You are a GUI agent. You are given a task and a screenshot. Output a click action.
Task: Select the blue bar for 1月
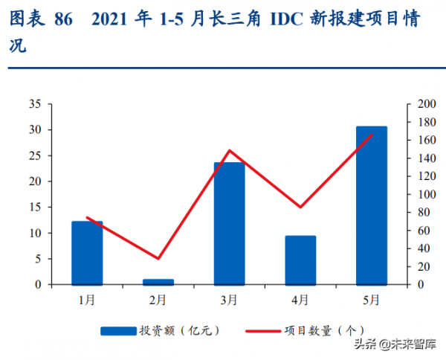[x=87, y=253]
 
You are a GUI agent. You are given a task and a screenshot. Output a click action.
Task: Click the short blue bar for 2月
[x=158, y=282]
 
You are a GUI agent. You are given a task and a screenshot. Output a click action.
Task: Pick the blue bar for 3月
[x=229, y=223]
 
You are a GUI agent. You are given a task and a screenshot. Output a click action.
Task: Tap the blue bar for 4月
[x=300, y=260]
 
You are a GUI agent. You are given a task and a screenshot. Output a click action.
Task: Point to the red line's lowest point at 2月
[x=158, y=259]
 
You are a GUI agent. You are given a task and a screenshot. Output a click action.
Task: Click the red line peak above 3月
[x=229, y=150]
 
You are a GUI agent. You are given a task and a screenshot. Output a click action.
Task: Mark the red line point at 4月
[x=300, y=207]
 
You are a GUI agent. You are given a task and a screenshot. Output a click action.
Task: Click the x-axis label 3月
[x=229, y=300]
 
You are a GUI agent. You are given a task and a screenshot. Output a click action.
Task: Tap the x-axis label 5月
[x=372, y=300]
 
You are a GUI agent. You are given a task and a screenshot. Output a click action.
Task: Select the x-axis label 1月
[x=87, y=300]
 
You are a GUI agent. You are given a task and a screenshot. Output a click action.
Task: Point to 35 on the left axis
[x=35, y=104]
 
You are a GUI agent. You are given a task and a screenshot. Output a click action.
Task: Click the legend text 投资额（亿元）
[x=178, y=330]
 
